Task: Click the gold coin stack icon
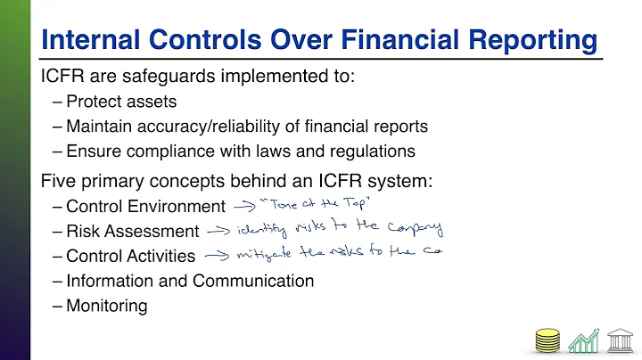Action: tap(547, 340)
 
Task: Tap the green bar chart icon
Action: tap(582, 340)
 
